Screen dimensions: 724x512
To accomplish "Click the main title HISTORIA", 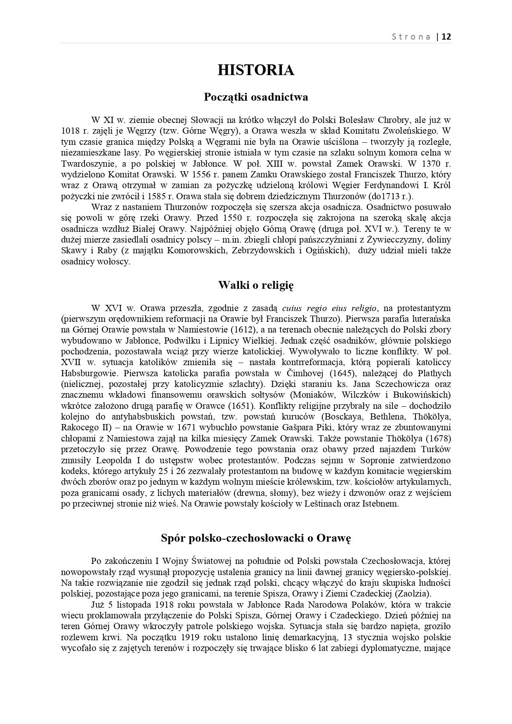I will [x=256, y=70].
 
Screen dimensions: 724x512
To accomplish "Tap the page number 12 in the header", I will [x=446, y=37].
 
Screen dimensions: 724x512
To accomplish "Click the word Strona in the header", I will [x=411, y=37].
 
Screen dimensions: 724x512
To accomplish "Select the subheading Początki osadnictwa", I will [x=256, y=97].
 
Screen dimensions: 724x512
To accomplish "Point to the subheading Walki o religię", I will [x=256, y=285].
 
